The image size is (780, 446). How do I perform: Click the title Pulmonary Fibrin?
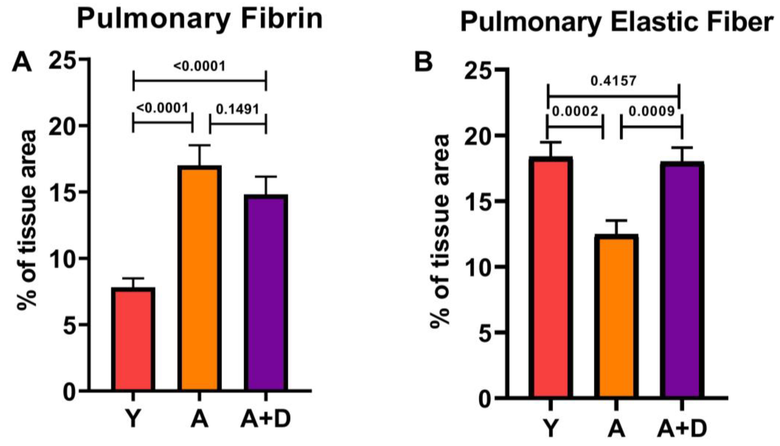coord(200,19)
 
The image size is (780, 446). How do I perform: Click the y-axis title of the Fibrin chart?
coord(27,221)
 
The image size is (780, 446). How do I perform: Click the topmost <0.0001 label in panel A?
coord(199,66)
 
